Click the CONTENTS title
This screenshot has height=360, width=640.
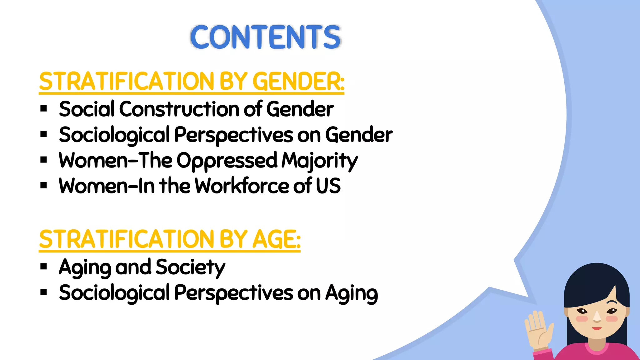(265, 37)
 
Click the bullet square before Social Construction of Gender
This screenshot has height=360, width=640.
(44, 109)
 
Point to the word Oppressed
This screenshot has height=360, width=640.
(227, 161)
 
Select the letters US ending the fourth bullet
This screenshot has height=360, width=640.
(328, 186)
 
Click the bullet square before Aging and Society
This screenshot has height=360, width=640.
(44, 267)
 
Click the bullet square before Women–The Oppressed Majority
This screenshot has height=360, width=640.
(44, 160)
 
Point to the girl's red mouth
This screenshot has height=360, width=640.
(597, 328)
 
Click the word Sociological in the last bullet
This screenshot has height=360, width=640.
(114, 294)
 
